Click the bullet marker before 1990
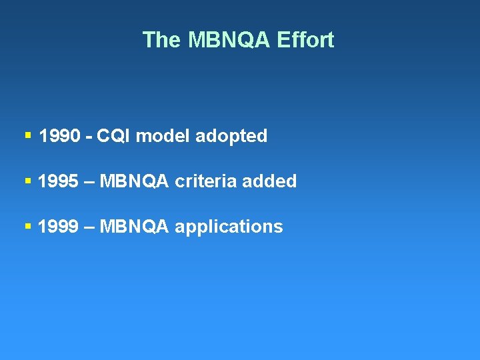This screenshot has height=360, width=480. (x=27, y=135)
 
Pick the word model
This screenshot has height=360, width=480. (x=163, y=137)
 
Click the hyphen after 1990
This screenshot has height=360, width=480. (x=88, y=137)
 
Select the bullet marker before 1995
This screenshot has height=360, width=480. (x=27, y=180)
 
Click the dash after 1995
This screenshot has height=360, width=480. (x=89, y=182)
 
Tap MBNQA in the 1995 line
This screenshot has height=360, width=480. (x=134, y=181)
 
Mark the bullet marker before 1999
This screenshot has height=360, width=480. (x=27, y=225)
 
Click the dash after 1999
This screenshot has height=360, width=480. (x=89, y=227)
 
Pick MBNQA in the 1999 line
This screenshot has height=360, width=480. (x=134, y=227)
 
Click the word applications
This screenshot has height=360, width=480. (x=229, y=227)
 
